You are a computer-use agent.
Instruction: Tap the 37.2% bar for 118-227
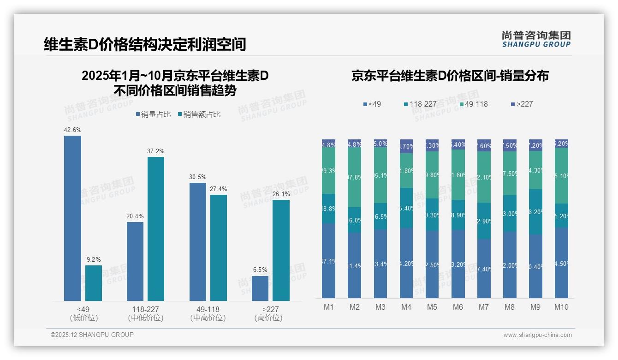pos(156,229)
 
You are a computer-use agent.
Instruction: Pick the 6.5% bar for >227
pos(260,288)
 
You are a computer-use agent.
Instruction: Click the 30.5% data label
pos(198,177)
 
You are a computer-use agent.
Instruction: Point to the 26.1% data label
pos(281,194)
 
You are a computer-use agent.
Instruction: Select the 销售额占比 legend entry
pos(199,114)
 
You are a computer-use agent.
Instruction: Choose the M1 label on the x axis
pos(329,307)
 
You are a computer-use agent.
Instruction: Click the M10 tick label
pos(561,307)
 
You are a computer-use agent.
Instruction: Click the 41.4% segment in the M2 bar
pos(355,265)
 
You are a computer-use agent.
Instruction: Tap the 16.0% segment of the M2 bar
pos(355,220)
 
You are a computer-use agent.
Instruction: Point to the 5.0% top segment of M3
pos(380,144)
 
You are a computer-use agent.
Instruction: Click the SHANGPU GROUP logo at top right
pos(536,39)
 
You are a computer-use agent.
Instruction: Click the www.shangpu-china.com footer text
pos(537,335)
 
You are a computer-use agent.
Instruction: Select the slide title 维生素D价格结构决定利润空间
pos(145,44)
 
